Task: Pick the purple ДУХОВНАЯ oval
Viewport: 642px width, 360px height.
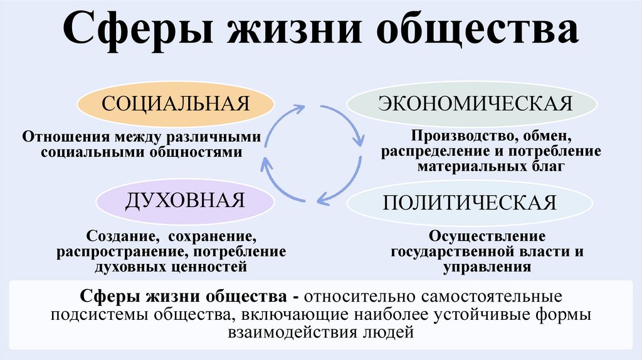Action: pyautogui.click(x=185, y=201)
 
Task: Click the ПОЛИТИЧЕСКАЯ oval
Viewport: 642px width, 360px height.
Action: pyautogui.click(x=470, y=203)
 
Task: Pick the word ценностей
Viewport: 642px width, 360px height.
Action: pyautogui.click(x=213, y=267)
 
